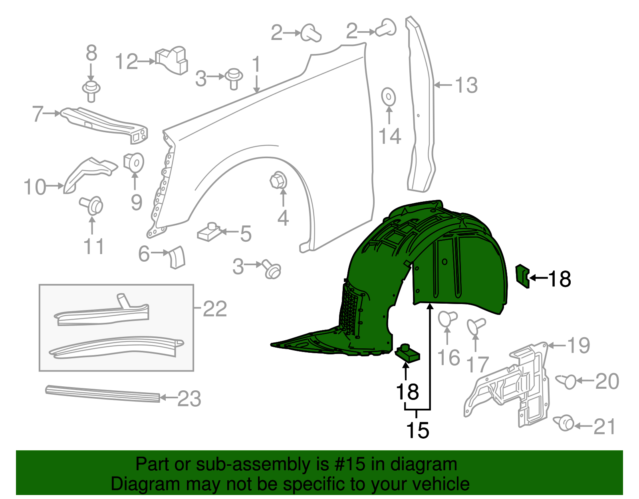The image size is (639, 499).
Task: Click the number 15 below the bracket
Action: click(417, 430)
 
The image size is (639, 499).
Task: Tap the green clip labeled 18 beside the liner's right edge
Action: click(522, 276)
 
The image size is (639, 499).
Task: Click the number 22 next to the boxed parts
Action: click(215, 308)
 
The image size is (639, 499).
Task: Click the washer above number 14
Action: click(388, 97)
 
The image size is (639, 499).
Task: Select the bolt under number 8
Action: click(91, 91)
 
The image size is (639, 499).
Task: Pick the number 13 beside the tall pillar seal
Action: click(466, 85)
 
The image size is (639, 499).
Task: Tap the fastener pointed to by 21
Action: click(564, 423)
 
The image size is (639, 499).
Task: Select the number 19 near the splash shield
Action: click(578, 345)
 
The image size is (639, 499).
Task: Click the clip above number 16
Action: click(447, 319)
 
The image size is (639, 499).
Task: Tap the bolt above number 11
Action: click(93, 205)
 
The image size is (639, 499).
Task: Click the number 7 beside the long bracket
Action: click(38, 113)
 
